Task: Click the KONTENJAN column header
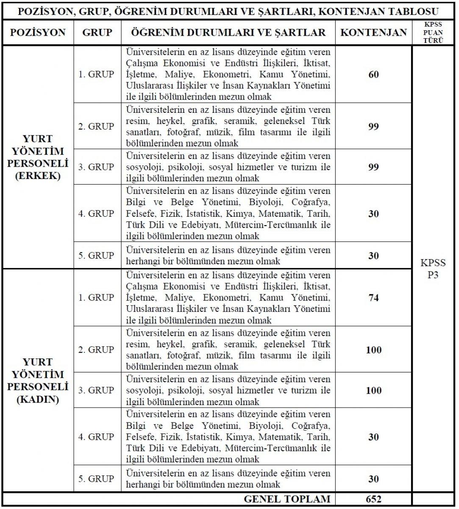point(373,33)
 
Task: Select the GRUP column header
point(97,33)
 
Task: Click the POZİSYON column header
point(38,33)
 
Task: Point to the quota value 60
point(373,75)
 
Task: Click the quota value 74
point(373,298)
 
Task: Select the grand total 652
point(373,499)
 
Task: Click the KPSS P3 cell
point(433,268)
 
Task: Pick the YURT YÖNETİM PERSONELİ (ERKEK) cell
point(38,157)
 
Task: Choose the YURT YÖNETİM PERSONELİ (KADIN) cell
point(38,380)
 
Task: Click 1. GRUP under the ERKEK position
point(97,74)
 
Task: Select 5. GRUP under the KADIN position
point(97,478)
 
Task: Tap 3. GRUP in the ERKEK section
point(97,167)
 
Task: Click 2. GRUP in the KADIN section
point(97,350)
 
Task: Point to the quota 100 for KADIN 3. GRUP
point(373,390)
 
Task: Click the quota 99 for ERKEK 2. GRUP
point(373,126)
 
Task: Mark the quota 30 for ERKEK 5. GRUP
point(373,256)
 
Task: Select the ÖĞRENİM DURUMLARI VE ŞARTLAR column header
point(228,33)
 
